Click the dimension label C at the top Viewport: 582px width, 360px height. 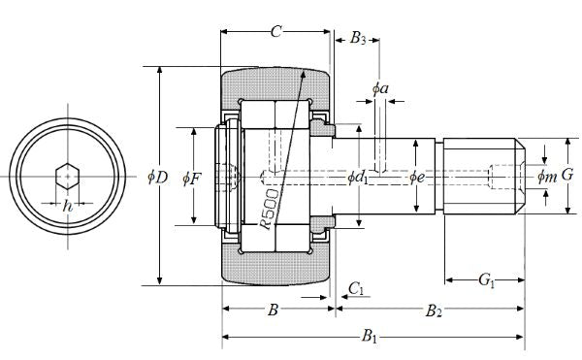click(x=275, y=32)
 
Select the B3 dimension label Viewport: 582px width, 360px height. click(x=358, y=38)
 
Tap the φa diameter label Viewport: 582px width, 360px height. click(x=380, y=88)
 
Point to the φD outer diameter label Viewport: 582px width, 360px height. click(x=158, y=178)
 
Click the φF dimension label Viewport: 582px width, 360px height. click(x=192, y=180)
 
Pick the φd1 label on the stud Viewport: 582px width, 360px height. click(x=358, y=178)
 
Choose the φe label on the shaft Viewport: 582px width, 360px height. click(x=416, y=178)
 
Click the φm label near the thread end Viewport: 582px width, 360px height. click(x=547, y=177)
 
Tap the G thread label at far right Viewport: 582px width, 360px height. click(x=567, y=175)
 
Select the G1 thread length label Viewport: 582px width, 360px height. click(x=486, y=279)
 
